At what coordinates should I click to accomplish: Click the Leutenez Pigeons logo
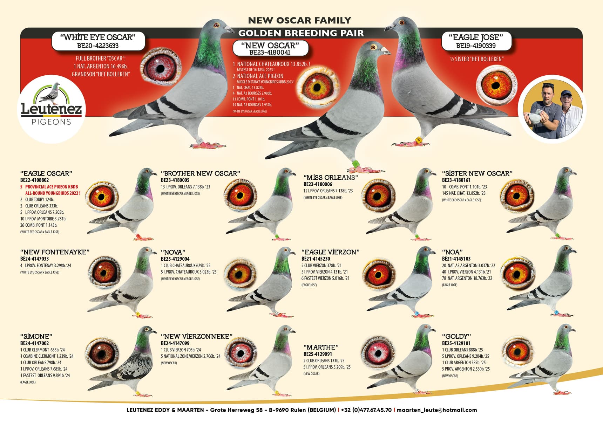pos(52,105)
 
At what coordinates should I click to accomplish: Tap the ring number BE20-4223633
pos(98,46)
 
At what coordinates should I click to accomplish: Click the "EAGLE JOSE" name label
pos(476,37)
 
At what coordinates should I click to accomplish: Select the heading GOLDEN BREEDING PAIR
pos(301,33)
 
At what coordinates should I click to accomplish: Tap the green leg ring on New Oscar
pos(356,164)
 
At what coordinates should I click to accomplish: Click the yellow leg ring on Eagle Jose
pos(418,140)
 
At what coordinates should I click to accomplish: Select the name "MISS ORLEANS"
pos(331,178)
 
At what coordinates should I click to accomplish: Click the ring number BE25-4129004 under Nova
pos(175,259)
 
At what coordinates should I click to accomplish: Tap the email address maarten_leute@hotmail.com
pos(437,410)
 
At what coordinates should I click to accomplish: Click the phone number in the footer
pos(366,410)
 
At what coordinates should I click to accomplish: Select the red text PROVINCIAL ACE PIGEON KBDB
pos(52,187)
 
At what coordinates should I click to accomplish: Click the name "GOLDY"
pos(456,336)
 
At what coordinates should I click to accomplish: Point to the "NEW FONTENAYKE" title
pos(55,252)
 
